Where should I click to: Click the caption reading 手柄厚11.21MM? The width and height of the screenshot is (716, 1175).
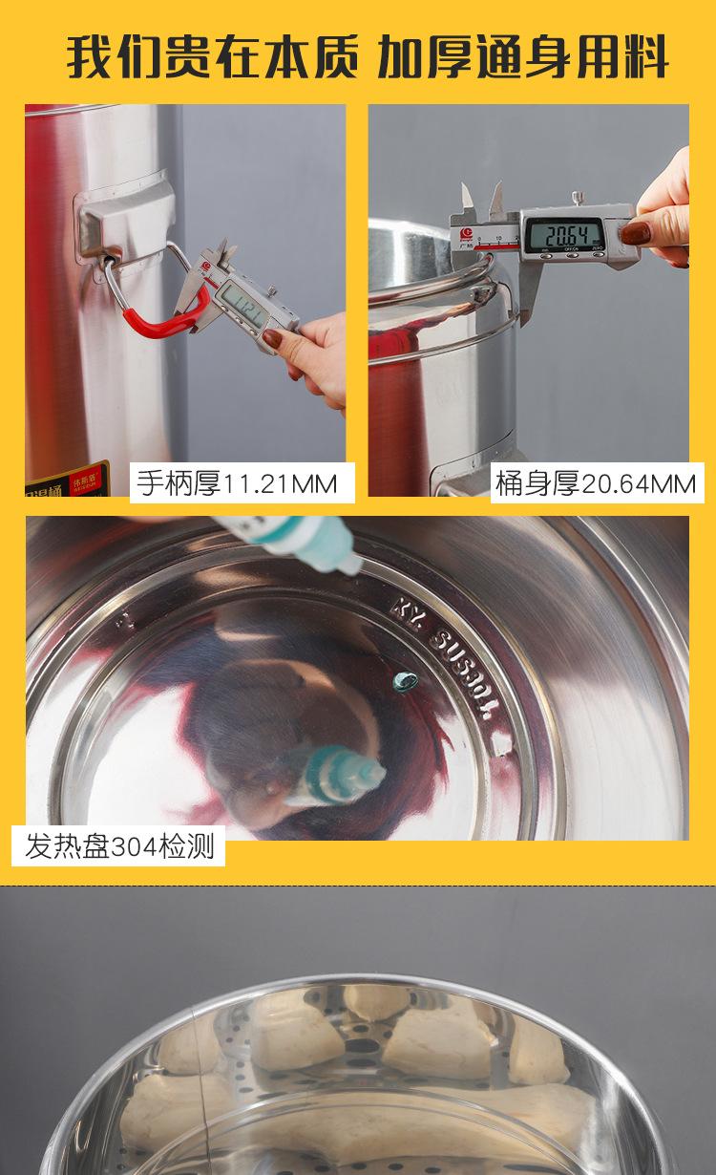point(237,482)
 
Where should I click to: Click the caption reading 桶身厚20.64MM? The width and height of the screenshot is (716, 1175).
point(595,483)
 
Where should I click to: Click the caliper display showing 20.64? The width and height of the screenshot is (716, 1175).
point(561,233)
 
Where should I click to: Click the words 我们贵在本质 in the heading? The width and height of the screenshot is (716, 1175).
point(211,56)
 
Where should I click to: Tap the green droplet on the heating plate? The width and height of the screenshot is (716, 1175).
point(406,680)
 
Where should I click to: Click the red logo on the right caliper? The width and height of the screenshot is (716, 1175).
point(469,231)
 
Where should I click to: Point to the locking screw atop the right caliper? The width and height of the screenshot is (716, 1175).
point(579,198)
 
